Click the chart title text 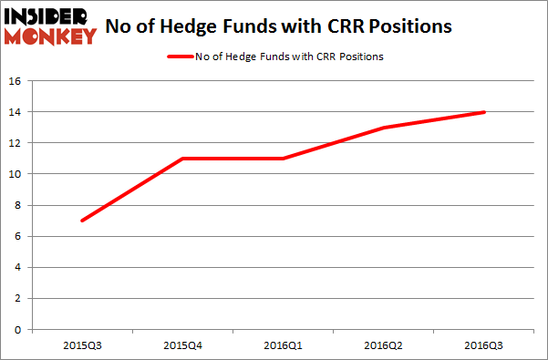pos(278,26)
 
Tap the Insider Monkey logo pos(49,26)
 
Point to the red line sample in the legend pos(179,57)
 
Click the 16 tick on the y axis pos(16,80)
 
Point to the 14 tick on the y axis pos(16,112)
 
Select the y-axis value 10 pos(16,174)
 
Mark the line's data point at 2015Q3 pos(82,221)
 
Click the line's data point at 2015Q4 pos(182,159)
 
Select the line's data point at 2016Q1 pos(283,159)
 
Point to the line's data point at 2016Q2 pos(383,128)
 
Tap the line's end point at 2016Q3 pos(483,112)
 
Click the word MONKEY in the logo pos(49,36)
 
